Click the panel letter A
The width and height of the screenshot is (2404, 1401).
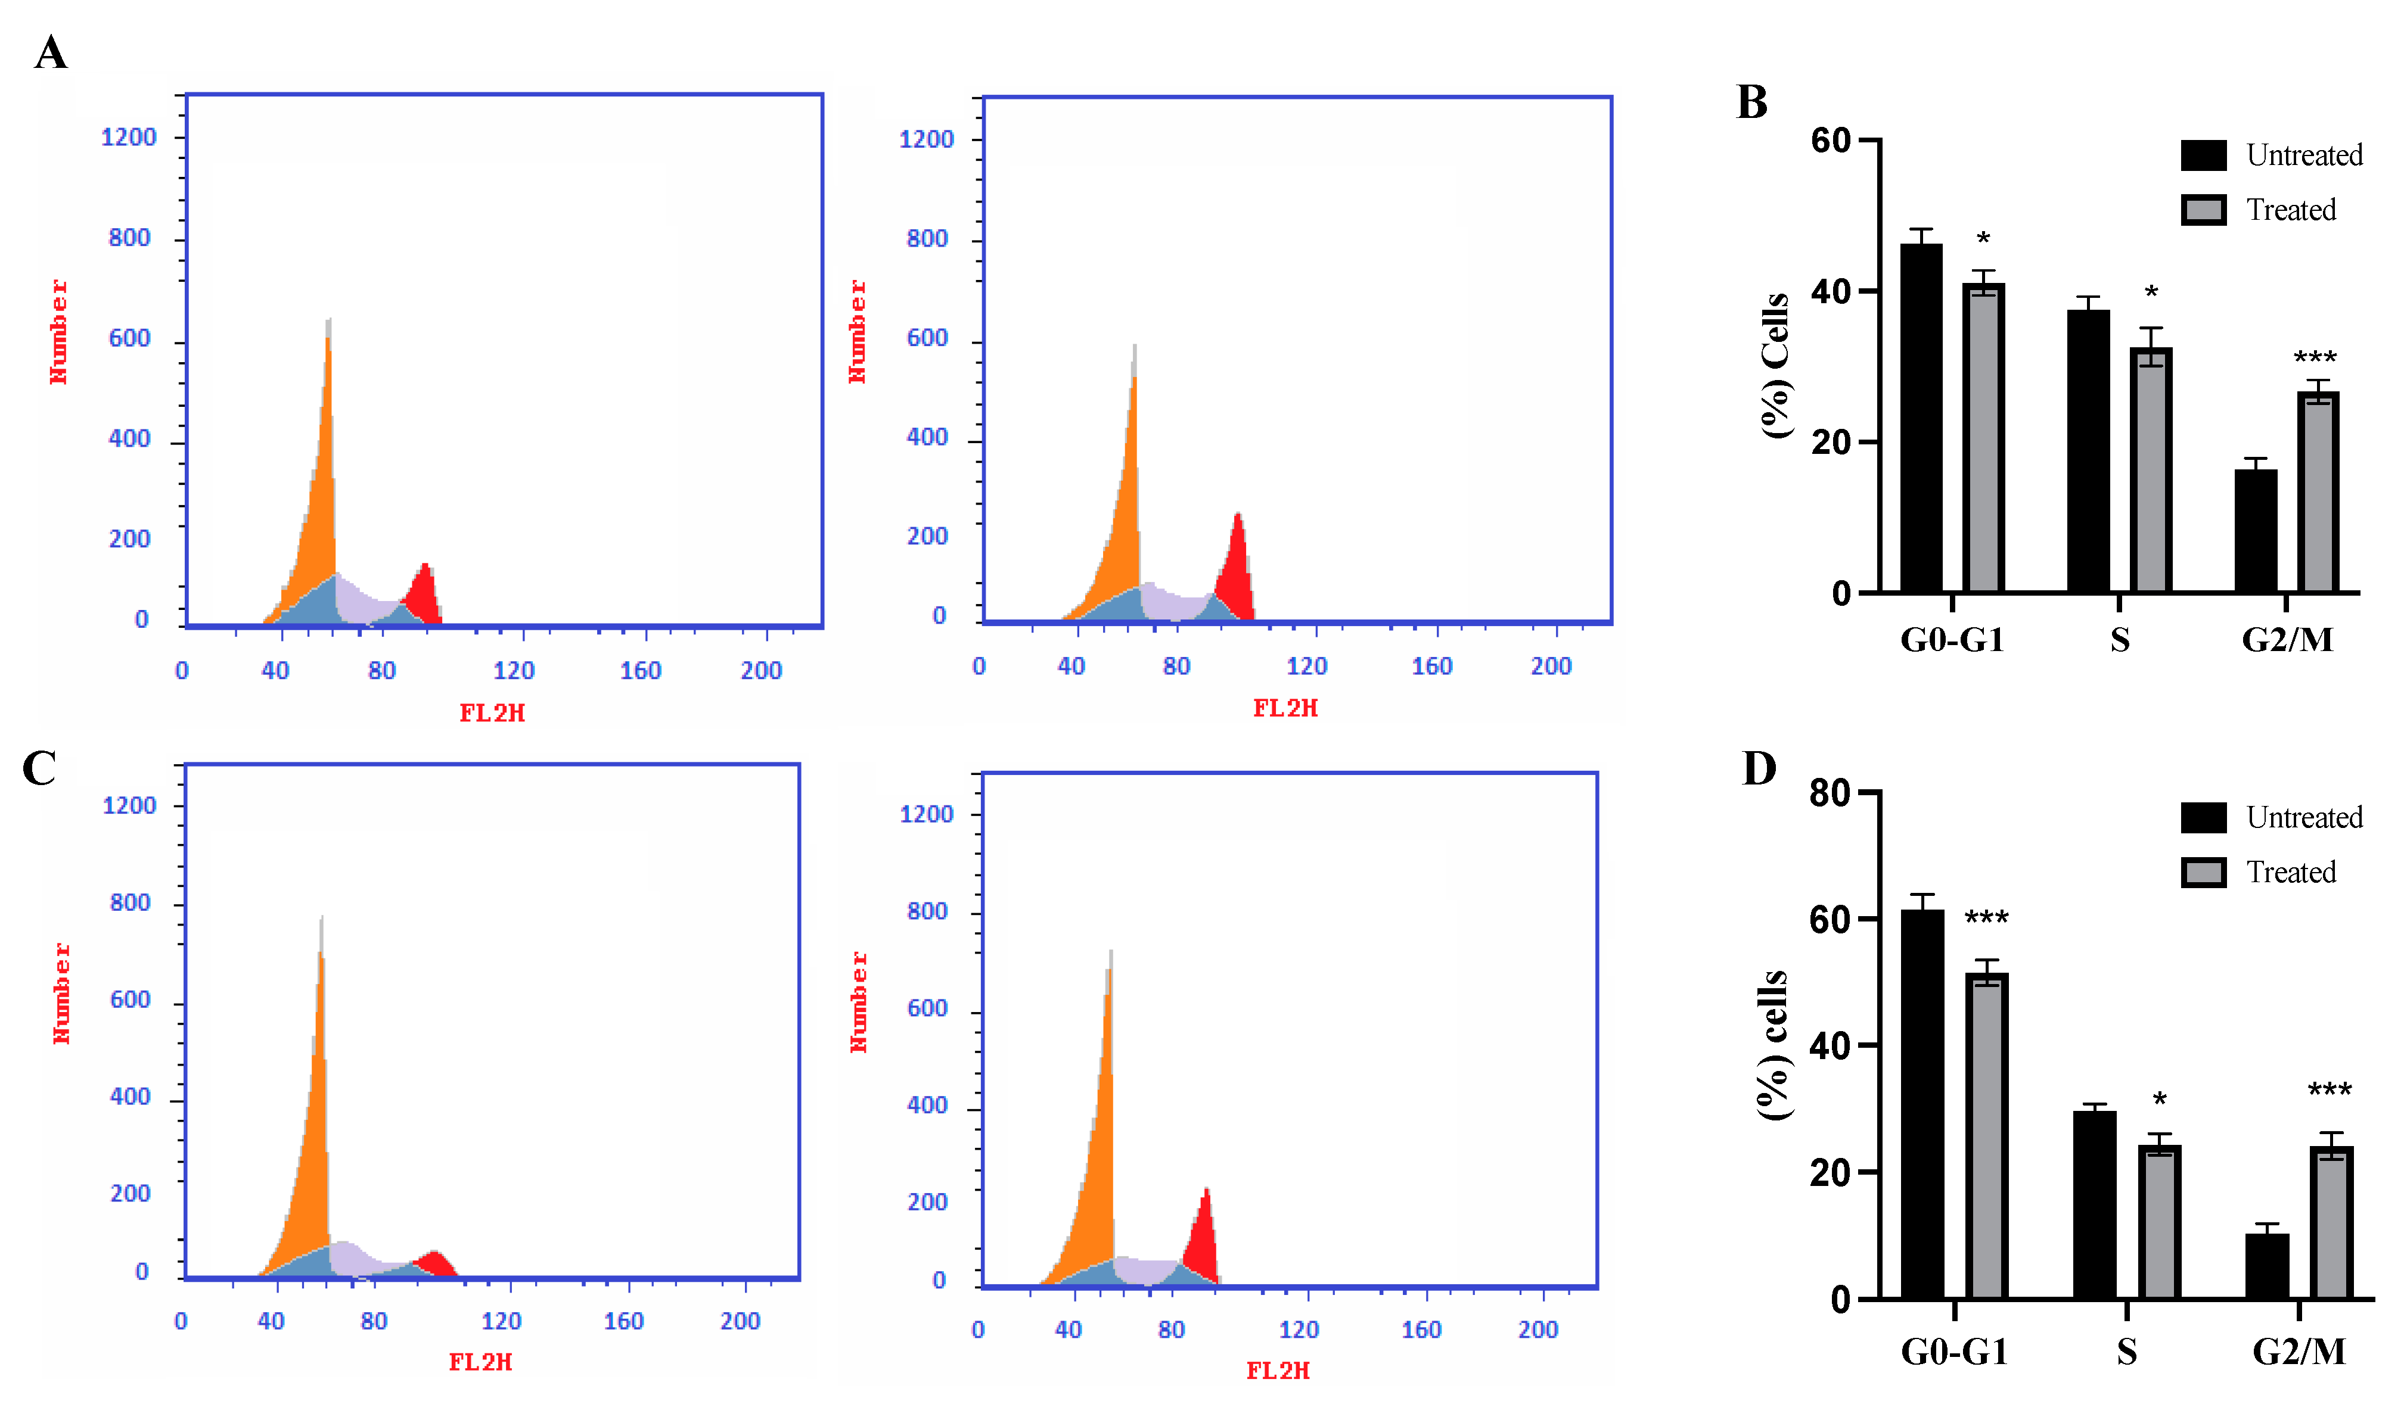pos(51,52)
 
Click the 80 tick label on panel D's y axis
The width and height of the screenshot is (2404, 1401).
pos(1829,793)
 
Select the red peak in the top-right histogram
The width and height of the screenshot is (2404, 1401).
pos(1237,572)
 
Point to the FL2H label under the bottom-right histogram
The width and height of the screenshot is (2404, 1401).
pos(1277,1371)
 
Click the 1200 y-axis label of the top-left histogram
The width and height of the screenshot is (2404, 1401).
pos(129,138)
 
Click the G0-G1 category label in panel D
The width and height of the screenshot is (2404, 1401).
pos(1953,1352)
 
